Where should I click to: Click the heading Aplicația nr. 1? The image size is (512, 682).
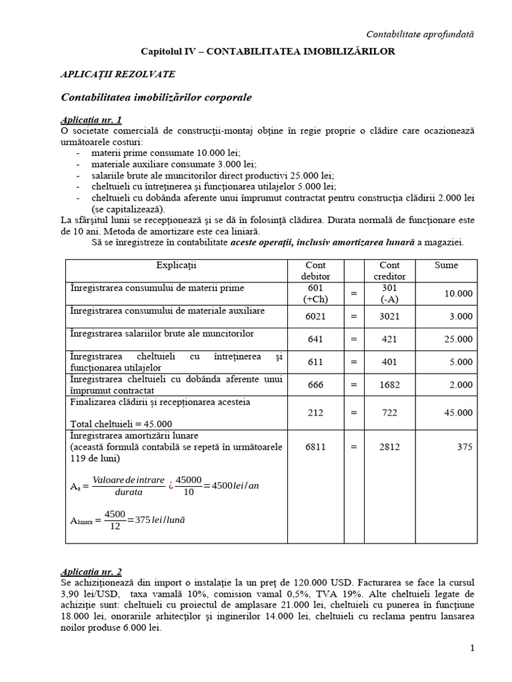(91, 120)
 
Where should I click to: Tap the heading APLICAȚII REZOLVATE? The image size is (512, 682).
(119, 75)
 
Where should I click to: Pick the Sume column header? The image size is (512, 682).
(446, 265)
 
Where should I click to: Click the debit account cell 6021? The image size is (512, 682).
(315, 316)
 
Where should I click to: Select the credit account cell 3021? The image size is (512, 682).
(389, 316)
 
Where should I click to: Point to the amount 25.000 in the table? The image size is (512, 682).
(459, 339)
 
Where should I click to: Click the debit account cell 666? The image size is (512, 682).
(315, 384)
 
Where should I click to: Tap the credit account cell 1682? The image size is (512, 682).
(389, 384)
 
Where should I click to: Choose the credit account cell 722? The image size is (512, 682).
(389, 412)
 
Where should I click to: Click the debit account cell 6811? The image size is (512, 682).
(315, 447)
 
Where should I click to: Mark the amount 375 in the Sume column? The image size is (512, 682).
(464, 447)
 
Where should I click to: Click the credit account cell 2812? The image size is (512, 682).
(389, 447)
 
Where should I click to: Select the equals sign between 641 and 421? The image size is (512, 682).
(354, 339)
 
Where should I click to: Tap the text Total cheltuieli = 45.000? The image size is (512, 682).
(121, 424)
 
